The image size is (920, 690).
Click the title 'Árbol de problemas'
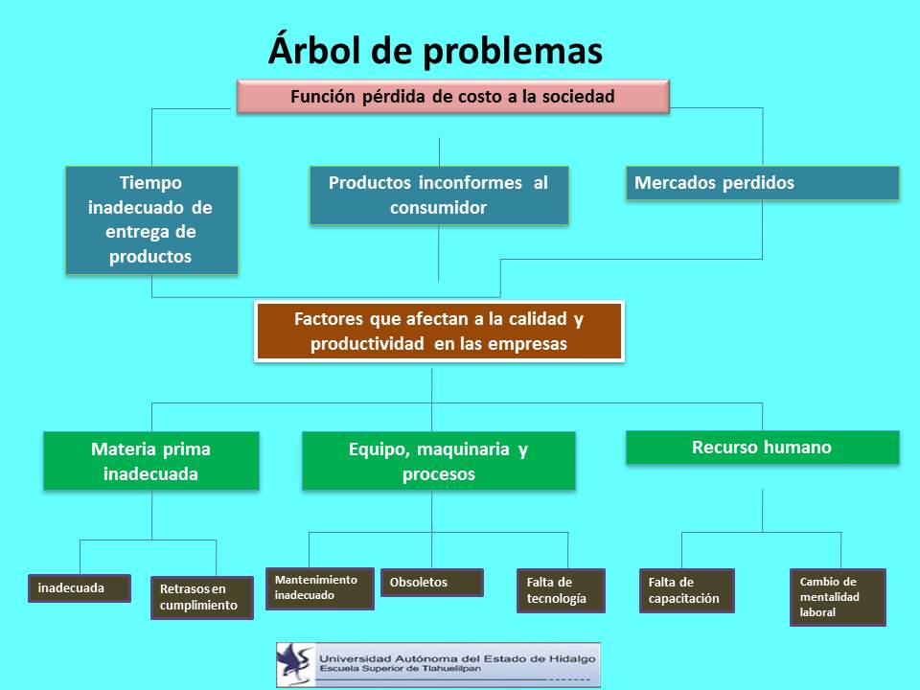pos(435,52)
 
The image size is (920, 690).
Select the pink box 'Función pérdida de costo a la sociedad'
pos(453,96)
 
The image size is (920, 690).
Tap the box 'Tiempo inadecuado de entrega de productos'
pos(152,220)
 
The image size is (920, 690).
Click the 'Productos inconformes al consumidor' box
pos(439,195)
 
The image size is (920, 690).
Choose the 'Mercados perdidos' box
pos(763,183)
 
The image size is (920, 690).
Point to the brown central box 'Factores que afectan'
pos(439,332)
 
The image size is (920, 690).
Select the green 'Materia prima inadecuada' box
pos(151,461)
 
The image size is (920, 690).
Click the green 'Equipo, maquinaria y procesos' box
pos(439,461)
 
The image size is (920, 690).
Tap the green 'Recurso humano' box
pos(763,448)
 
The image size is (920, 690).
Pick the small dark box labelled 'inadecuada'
pos(80,587)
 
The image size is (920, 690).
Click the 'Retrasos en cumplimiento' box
pos(202,597)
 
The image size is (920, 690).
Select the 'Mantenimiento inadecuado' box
pos(320,588)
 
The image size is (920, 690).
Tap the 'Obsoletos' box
pos(432,583)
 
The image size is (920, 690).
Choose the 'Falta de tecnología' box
pos(561,591)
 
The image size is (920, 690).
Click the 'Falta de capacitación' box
pos(687,591)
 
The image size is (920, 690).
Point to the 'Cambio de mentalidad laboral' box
pos(838,597)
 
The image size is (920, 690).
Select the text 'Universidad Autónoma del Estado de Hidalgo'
pos(457,659)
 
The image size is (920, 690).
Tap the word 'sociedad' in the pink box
pos(578,96)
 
